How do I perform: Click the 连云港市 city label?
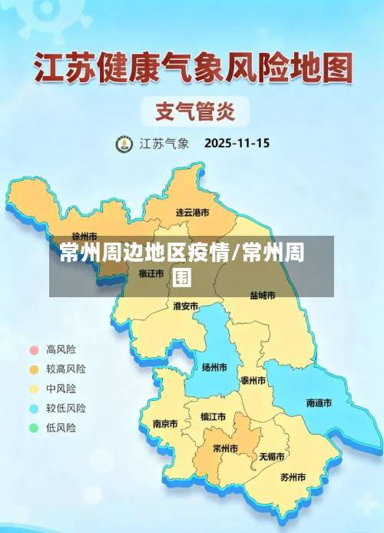pos(192,212)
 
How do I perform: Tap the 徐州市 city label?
pos(84,236)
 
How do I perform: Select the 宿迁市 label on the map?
pos(151,273)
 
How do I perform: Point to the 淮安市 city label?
pos(185,306)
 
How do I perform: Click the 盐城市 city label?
pos(262,295)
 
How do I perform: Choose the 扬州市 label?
pos(214,368)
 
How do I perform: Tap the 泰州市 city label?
pos(253,381)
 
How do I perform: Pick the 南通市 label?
pos(319,402)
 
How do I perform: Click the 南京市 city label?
pos(165,423)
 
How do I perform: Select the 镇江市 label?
pos(213,417)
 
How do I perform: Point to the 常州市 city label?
pos(225,449)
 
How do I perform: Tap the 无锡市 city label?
pos(271,456)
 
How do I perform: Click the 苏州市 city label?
pos(293,477)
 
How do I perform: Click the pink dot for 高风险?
pos(33,349)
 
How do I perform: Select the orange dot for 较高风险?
pos(33,369)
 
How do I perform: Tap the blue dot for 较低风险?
pos(33,409)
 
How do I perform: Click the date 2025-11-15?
pos(237,143)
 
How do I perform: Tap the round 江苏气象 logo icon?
pos(124,144)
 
